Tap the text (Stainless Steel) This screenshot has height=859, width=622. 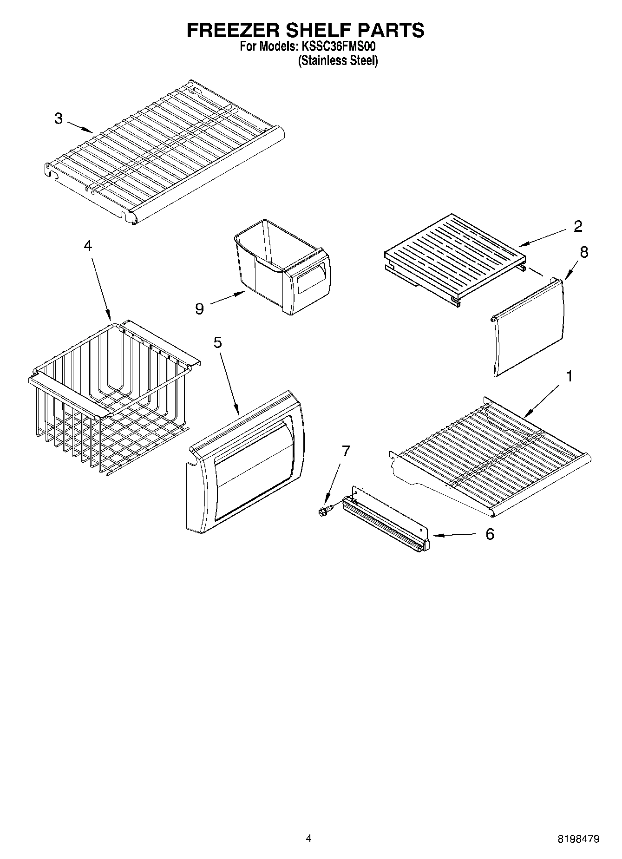(338, 61)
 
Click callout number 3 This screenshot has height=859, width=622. (58, 118)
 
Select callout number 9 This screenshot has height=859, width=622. (199, 308)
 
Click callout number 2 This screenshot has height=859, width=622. (578, 226)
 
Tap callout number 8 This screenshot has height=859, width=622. (584, 252)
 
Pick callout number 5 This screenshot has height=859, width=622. (217, 342)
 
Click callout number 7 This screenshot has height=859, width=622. (346, 451)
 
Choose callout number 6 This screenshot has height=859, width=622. (490, 534)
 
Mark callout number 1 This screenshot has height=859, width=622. (569, 376)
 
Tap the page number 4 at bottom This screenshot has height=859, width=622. (308, 838)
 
